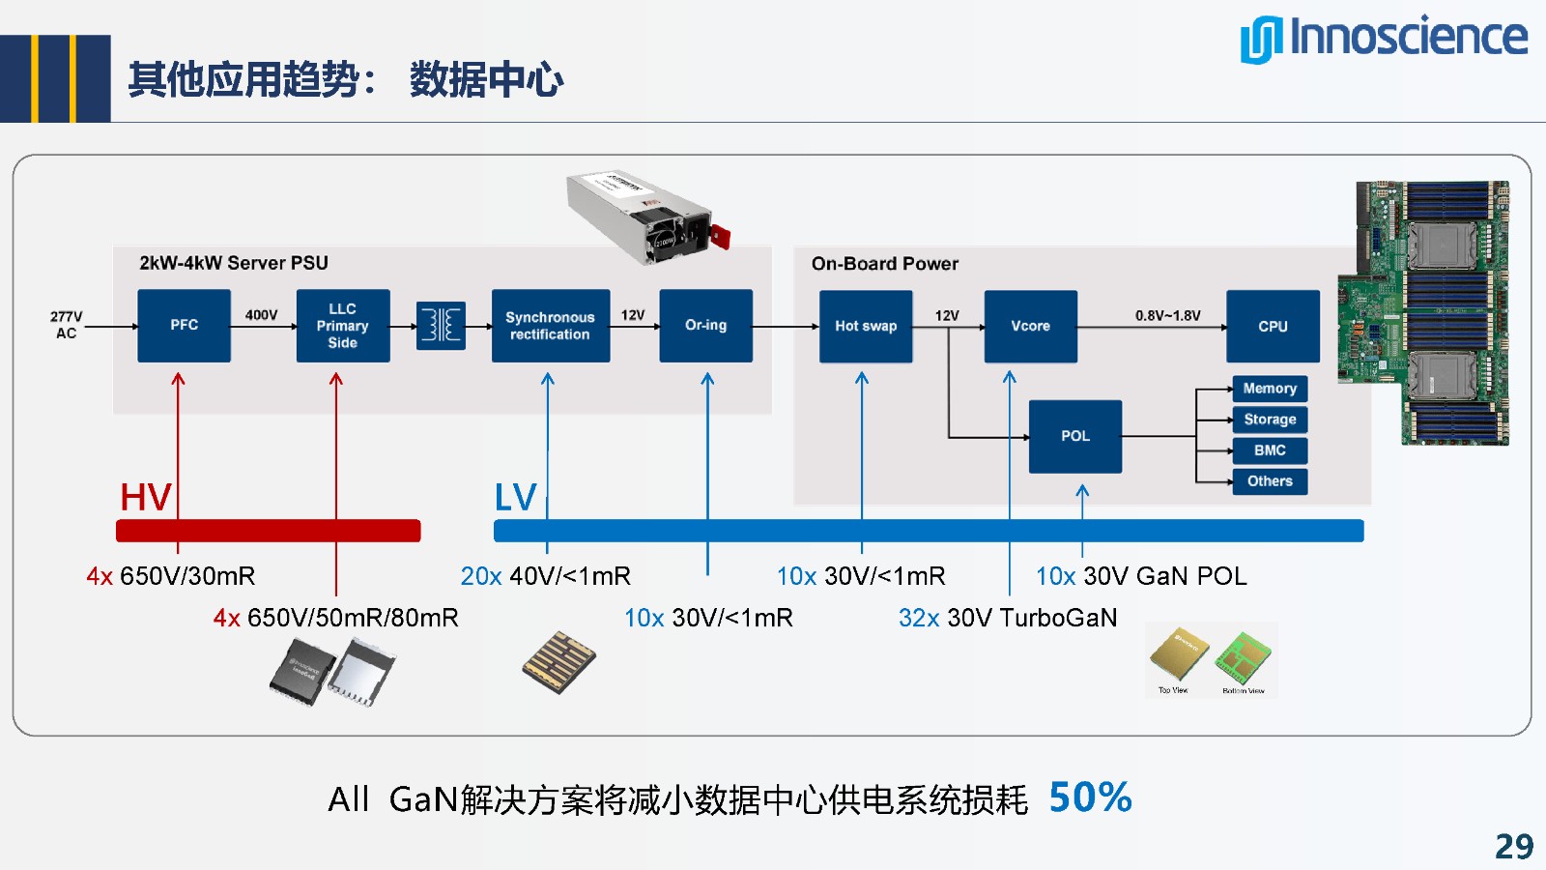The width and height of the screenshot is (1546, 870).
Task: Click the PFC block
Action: point(184,326)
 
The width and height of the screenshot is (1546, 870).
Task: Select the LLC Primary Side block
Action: point(343,326)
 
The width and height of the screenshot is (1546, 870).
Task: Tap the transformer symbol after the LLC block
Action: point(441,326)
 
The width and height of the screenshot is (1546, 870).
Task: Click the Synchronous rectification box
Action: point(550,326)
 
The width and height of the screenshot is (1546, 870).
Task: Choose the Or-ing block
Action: point(705,326)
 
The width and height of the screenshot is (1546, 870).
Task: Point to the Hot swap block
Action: point(866,327)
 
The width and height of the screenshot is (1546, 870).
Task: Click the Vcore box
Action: point(1030,327)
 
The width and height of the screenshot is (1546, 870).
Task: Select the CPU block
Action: point(1273,327)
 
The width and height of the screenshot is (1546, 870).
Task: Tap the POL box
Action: point(1074,436)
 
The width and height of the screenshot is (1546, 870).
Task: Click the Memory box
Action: point(1270,389)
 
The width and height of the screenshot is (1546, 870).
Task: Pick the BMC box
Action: point(1270,450)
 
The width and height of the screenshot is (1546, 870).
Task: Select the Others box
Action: point(1270,481)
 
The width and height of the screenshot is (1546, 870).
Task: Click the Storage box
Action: point(1270,420)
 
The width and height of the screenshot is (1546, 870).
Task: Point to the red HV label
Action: point(145,498)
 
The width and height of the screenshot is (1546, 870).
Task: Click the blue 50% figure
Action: point(1090,797)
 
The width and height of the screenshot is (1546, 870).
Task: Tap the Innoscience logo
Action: point(1384,39)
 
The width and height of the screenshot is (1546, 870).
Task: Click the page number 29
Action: point(1513,847)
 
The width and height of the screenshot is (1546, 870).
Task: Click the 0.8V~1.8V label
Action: point(1167,316)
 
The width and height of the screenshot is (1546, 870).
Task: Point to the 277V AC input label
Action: point(66,325)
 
